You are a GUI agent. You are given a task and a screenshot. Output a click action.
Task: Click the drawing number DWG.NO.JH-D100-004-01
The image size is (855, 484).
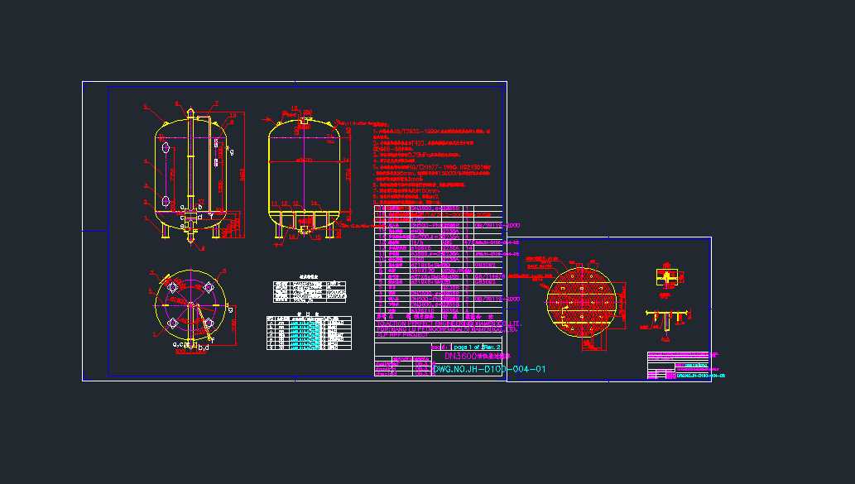[x=489, y=369]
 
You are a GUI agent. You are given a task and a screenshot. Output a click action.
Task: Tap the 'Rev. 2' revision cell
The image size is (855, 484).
[x=492, y=347]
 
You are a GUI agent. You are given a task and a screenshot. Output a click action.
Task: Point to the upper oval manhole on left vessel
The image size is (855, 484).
[x=166, y=148]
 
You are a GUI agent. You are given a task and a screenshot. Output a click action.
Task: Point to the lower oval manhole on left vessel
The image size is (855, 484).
[x=166, y=201]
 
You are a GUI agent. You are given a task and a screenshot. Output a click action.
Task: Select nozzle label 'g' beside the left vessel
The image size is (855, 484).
[x=232, y=151]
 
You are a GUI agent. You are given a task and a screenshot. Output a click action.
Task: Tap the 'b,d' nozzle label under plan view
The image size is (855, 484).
[x=204, y=348]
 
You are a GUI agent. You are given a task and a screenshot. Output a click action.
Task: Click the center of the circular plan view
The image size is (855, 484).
[x=190, y=304]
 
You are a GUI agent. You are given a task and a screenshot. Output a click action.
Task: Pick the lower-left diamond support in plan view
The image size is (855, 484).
[x=173, y=323]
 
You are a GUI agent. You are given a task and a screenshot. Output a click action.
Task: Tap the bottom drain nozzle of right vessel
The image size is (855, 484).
[x=304, y=231]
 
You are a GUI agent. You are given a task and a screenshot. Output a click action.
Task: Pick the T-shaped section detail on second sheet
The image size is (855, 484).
[x=667, y=318]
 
